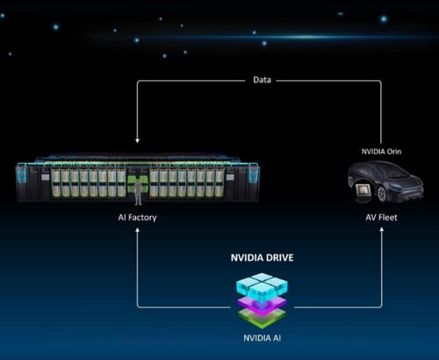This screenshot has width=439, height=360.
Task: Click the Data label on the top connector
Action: coord(262,80)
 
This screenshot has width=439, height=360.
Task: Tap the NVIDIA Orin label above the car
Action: coord(381,151)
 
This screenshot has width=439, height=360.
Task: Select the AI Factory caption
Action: coord(137,218)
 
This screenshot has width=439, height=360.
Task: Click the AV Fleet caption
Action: coord(381,218)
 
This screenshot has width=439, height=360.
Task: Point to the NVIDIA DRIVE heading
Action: coord(262,257)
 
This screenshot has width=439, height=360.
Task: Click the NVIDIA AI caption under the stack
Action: coord(262,338)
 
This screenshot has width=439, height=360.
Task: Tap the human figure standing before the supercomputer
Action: coord(138,192)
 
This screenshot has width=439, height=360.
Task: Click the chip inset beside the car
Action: coord(363,191)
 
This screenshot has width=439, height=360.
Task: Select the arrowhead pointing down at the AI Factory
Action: coord(137,140)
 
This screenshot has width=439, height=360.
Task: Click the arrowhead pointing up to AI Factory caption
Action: coord(137,230)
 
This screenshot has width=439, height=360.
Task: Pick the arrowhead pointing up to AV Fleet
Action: coord(381,229)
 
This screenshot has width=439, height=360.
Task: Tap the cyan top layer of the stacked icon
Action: coord(262,284)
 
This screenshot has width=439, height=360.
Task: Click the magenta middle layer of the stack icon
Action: coord(262,306)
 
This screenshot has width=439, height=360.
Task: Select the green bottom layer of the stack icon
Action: coord(262,319)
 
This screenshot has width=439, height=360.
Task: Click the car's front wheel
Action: coord(381,194)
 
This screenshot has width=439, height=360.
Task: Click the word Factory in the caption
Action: coord(142,218)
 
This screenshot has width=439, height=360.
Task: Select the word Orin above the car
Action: coord(394,151)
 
